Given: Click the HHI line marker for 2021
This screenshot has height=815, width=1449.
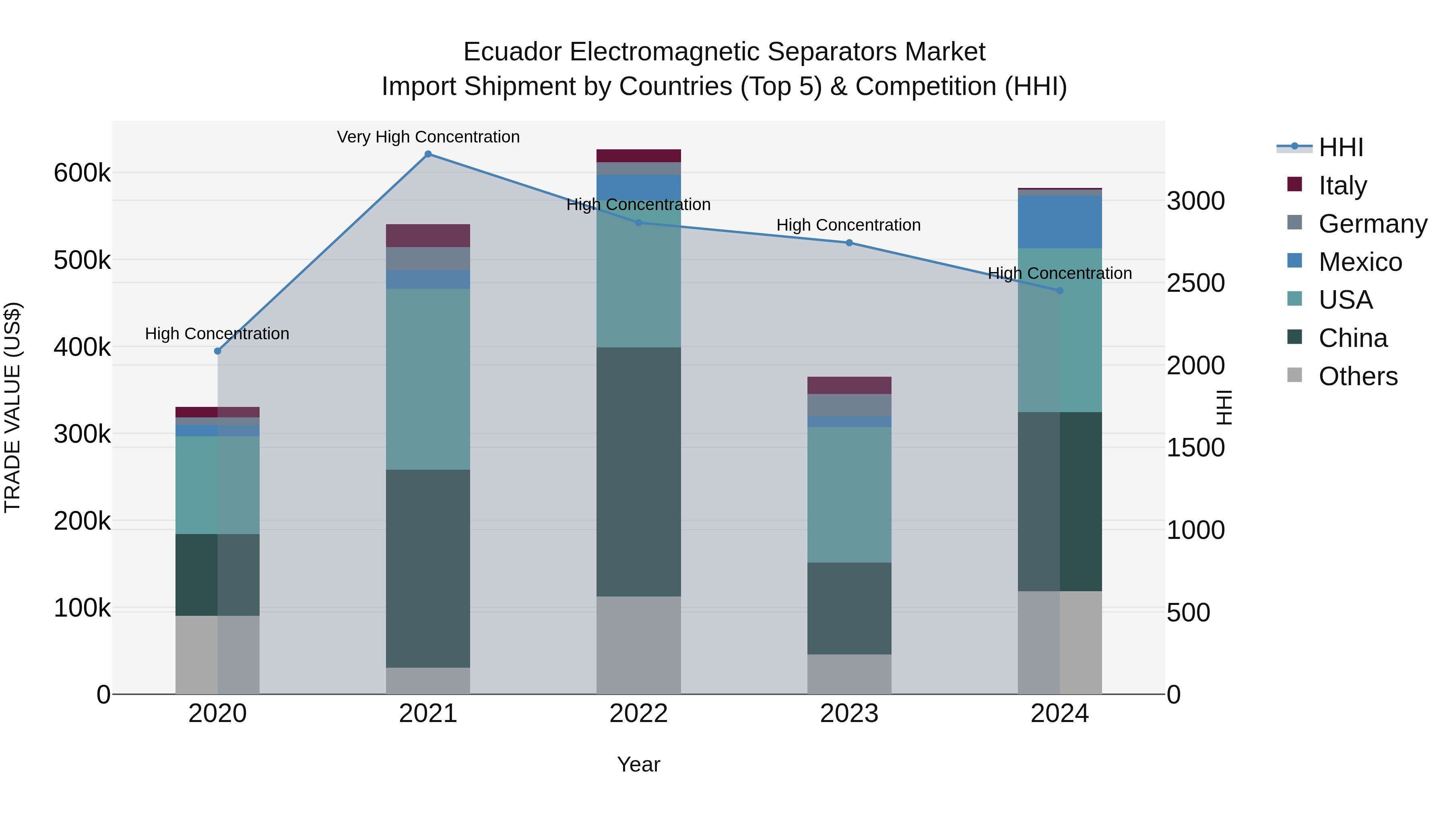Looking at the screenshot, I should pos(428,154).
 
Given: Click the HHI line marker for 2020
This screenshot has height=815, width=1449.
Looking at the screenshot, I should pos(218,351).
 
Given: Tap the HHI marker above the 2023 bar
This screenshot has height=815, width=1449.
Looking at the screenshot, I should pos(849,243).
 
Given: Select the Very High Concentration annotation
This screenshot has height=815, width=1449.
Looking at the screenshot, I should pos(428,137).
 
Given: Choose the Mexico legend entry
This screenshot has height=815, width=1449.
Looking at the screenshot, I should pos(1360,262).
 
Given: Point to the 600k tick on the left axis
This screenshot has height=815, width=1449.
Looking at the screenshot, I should pos(82,173).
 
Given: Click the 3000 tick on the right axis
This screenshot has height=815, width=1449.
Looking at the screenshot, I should pos(1196,201).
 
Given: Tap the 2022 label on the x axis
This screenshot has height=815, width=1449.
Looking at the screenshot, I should pos(638,714).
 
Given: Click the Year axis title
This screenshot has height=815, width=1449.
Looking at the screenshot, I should pos(638,764).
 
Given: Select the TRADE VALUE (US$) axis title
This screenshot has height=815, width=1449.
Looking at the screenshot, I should pos(12,407).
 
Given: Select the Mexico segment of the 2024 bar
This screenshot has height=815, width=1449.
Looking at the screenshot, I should pos(1060,222).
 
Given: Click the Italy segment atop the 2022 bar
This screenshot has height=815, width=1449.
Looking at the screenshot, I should pos(638,156).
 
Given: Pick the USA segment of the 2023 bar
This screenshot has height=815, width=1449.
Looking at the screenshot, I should pos(849,494).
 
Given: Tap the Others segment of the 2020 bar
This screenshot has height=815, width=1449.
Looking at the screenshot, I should pos(218,655).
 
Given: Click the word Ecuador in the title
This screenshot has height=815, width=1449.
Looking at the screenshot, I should pos(512,52).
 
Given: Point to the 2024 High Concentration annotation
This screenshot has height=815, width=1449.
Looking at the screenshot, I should pos(1060,273).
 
